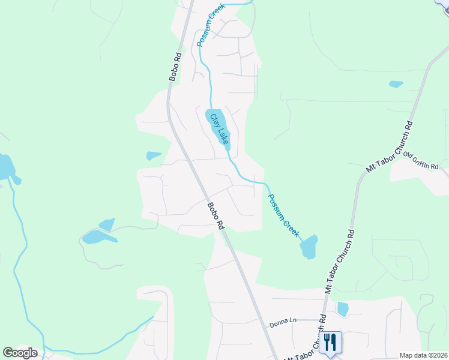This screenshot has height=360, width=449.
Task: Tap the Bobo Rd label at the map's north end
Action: click(175, 67)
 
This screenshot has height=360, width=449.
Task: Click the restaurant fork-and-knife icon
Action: click(330, 342)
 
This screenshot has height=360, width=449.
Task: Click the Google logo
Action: click(20, 352)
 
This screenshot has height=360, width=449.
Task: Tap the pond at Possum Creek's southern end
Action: click(309, 247)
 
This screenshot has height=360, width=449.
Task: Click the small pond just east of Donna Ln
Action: click(343, 309)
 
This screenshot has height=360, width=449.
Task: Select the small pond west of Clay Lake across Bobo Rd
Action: click(153, 156)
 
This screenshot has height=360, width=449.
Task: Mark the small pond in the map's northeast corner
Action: click(396, 84)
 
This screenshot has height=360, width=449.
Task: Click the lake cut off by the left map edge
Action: click(6, 168)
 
